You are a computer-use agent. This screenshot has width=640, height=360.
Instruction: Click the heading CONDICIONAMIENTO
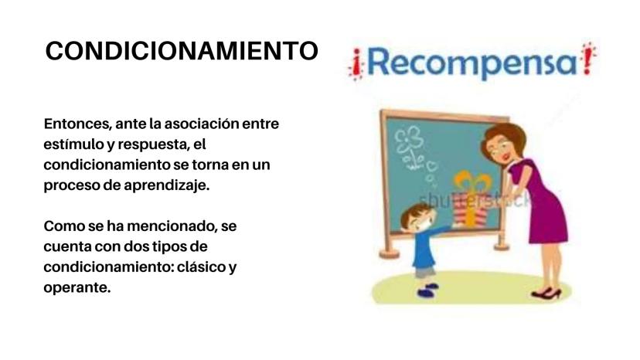tap(182, 51)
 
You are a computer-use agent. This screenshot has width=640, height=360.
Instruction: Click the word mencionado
tap(172, 226)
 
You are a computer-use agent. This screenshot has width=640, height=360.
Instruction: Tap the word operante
tap(77, 287)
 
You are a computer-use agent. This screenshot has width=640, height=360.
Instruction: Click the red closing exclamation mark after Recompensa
tap(588, 59)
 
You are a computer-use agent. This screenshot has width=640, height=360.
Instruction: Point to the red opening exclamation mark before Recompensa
tap(356, 64)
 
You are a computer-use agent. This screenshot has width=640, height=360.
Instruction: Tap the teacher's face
tap(499, 146)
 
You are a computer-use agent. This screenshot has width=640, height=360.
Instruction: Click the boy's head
tap(416, 219)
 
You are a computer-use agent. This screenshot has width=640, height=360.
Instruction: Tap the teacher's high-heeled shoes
tap(547, 293)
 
